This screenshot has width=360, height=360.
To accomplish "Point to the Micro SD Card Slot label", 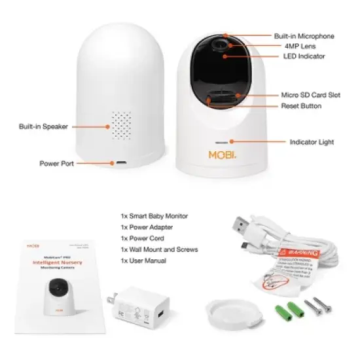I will [310, 95].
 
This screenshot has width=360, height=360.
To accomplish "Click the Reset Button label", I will [301, 106].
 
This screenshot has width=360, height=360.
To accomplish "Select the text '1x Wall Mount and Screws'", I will [159, 249].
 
